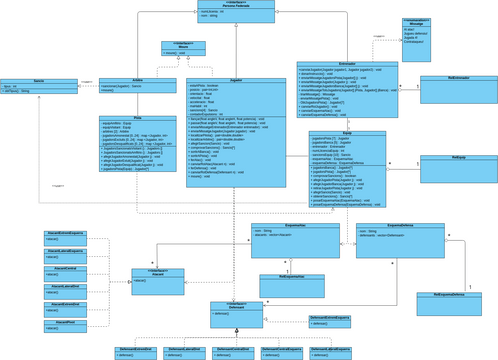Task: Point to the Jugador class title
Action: coord(236,79)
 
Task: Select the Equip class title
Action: coord(347,132)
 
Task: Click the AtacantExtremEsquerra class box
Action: coord(65,236)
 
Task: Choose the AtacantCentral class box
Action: coord(65,272)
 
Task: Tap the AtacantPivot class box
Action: coord(65,326)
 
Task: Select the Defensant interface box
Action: coord(236,310)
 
